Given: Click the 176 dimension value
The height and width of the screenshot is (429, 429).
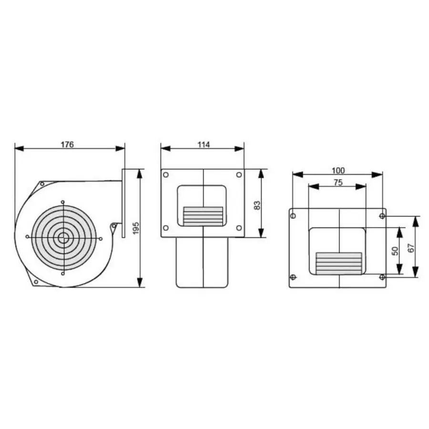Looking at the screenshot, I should tap(67, 144).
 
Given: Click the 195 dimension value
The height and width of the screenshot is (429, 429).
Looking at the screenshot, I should tap(136, 228).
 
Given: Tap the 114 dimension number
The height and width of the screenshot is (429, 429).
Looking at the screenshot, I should tap(203, 144).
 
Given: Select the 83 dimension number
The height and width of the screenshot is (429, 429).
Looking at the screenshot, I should tap(257, 205).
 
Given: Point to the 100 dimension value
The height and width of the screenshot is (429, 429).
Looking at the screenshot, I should tap(338, 170).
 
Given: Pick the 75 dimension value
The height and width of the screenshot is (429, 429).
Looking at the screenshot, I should tap(337, 182).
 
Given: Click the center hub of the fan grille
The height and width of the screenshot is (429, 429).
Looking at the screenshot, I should tap(63, 237).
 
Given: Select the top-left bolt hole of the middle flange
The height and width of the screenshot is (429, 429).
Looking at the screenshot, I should tap(166, 175).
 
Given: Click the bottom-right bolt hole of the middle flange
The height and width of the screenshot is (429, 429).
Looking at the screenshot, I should tap(239, 228).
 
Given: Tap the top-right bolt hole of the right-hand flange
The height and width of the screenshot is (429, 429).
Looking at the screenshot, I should tap(382, 216).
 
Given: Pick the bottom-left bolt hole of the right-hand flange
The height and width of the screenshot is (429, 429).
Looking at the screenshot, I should tap(293, 277).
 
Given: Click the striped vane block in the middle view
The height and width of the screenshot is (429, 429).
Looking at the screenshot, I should tap(203, 215).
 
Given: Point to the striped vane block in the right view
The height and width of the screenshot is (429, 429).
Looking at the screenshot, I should tap(338, 263).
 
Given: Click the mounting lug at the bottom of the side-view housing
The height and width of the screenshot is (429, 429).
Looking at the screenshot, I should tap(35, 282).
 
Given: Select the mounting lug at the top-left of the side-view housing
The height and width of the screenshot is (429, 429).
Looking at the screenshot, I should tap(41, 184).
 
